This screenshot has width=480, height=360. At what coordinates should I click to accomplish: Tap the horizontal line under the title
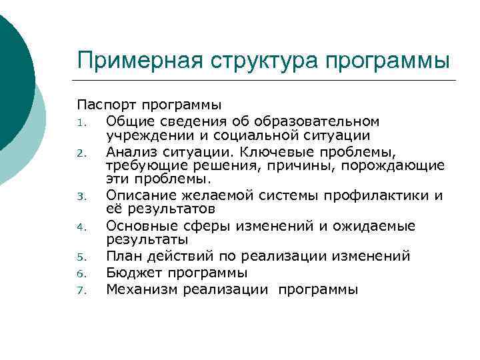pos(267,81)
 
